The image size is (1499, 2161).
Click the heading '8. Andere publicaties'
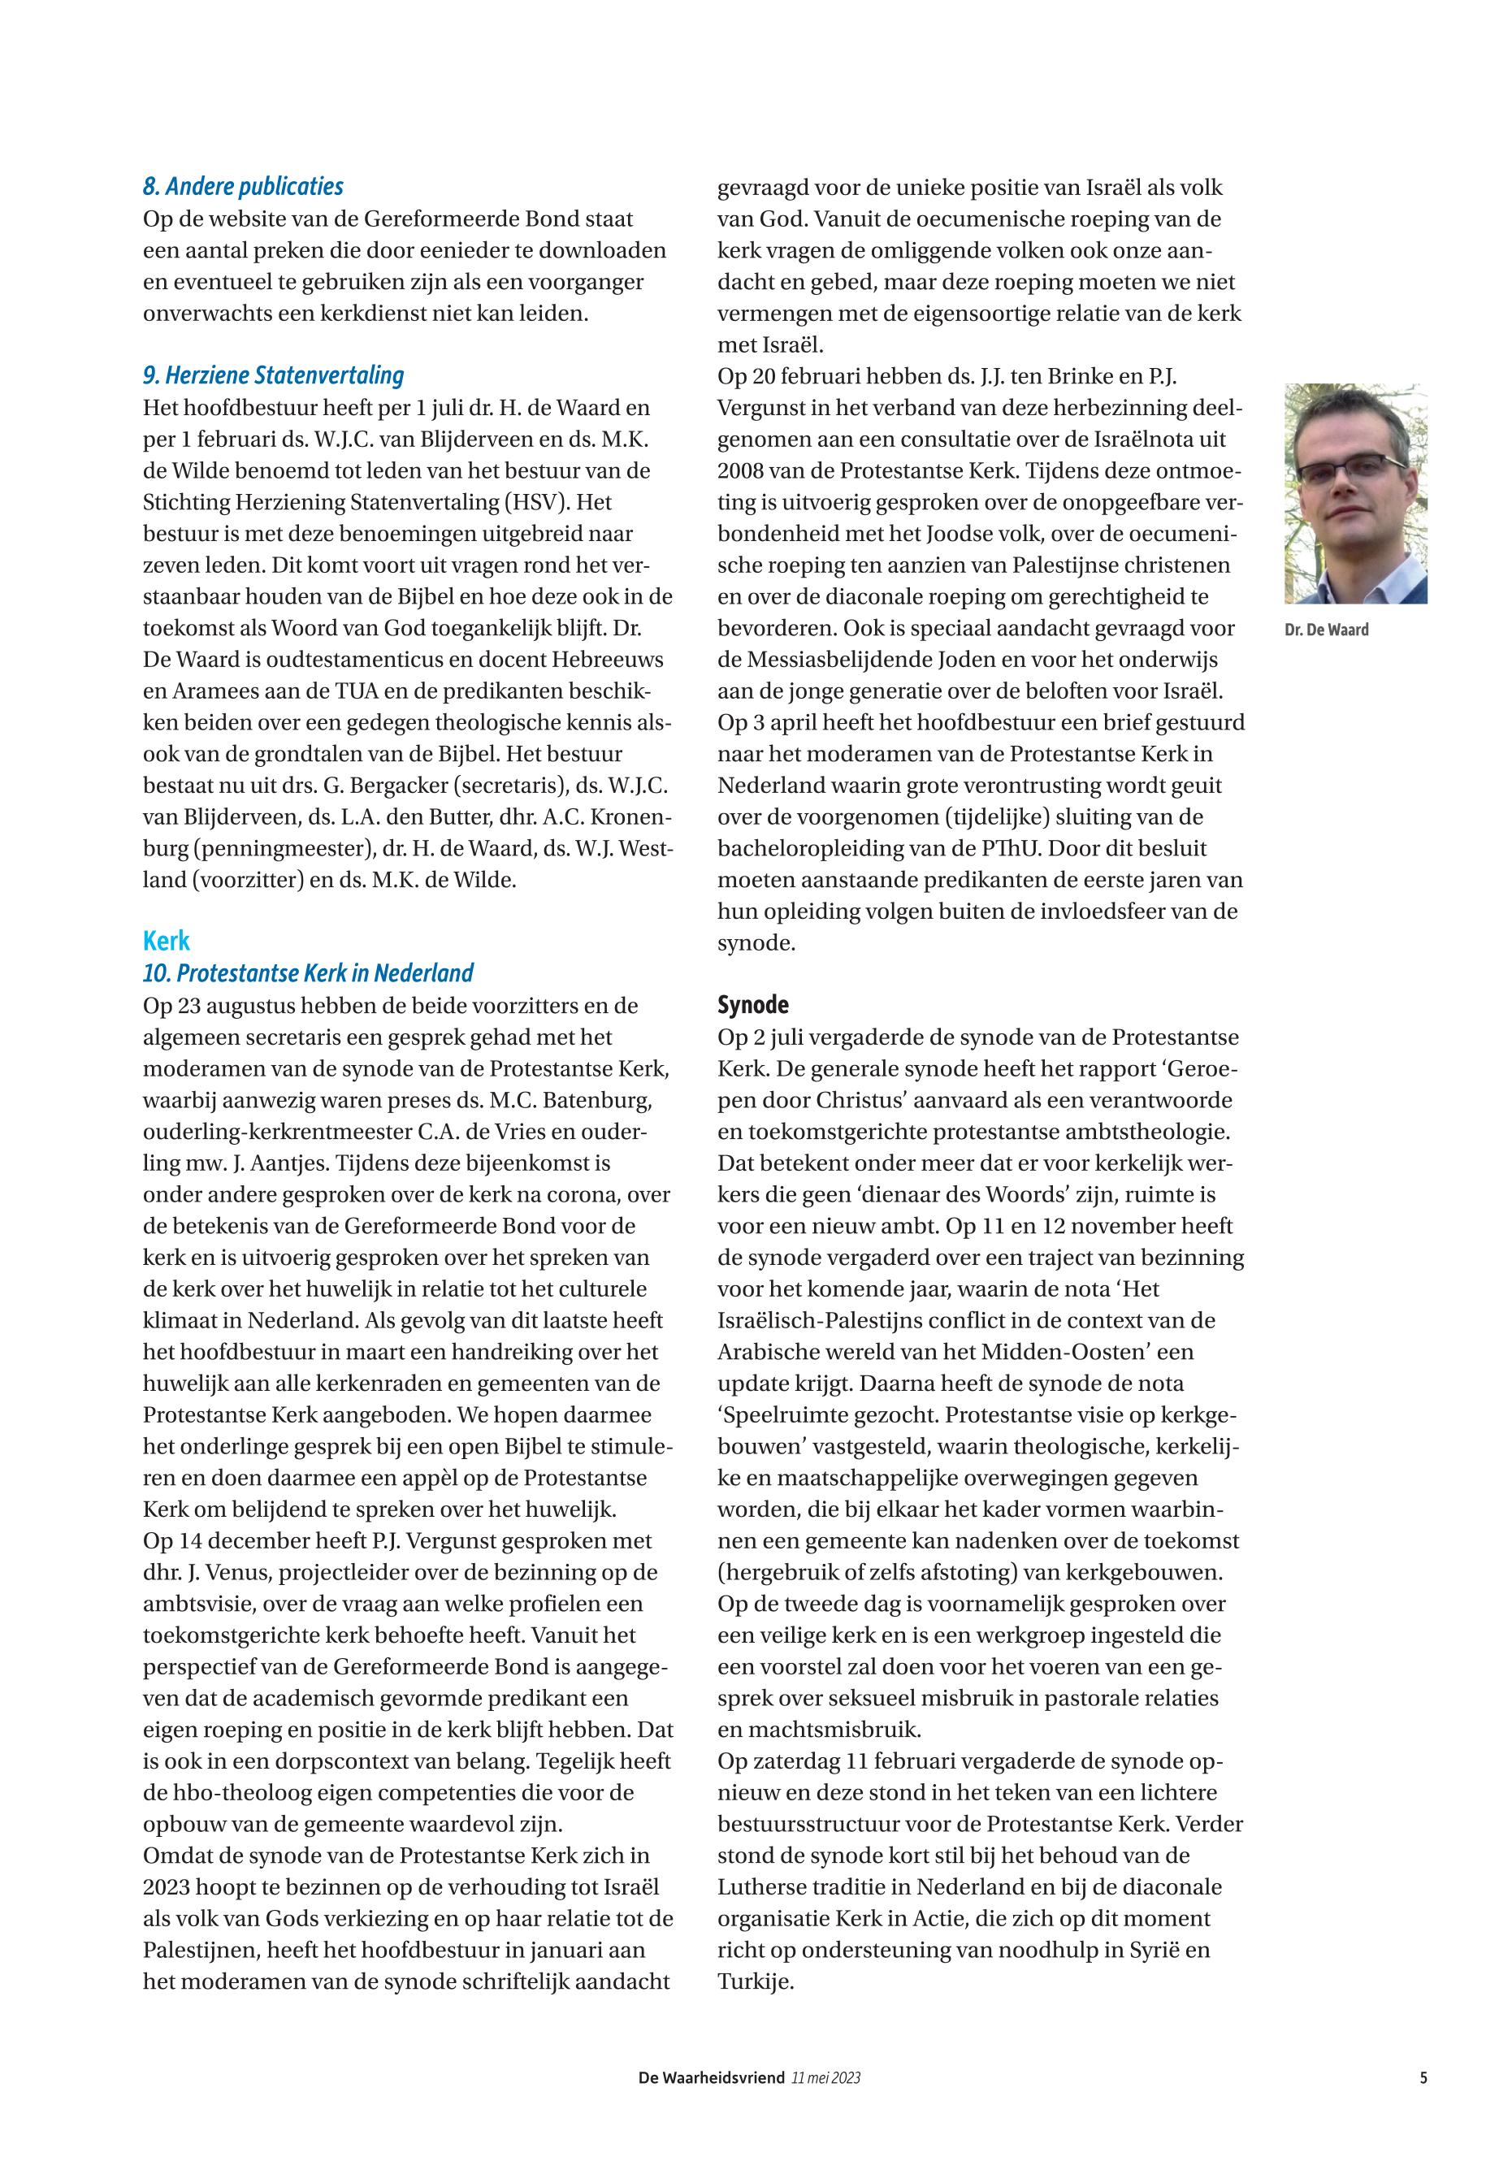pos(243,187)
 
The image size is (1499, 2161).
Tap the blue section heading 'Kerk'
pos(167,941)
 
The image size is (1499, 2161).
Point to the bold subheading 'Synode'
pos(752,1005)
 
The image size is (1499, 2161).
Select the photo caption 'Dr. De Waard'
pos(1326,630)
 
